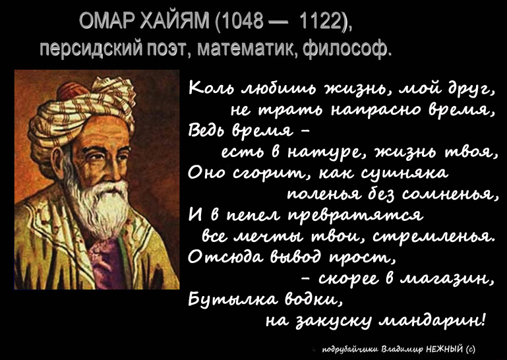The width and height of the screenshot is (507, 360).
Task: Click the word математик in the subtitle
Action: coord(249,49)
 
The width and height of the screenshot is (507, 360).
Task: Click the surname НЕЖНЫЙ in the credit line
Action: coord(445,349)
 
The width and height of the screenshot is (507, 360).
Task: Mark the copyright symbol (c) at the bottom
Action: coord(471,349)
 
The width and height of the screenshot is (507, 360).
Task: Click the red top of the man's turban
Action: coord(72,90)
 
